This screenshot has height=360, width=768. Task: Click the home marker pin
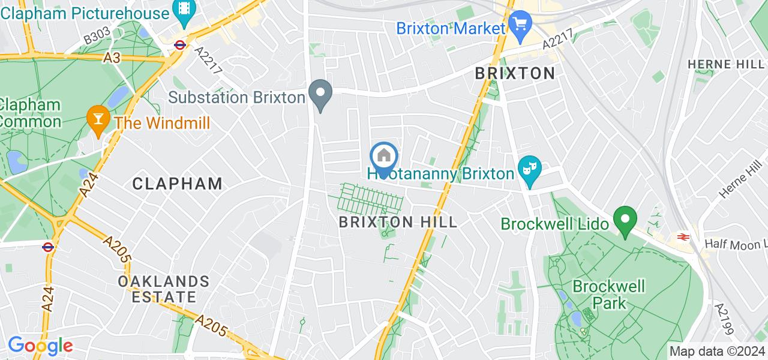[x=384, y=157]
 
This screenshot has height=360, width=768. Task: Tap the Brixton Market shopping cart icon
[x=517, y=25]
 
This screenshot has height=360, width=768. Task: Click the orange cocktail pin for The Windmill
[x=96, y=118]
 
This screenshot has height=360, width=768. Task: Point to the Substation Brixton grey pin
[x=320, y=94]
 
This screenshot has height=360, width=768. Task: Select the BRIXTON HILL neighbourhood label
[x=398, y=222]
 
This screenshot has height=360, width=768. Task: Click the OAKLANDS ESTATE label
[x=163, y=289]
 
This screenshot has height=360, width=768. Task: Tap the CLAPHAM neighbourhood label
[x=177, y=184]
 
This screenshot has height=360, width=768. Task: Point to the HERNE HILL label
[x=726, y=64]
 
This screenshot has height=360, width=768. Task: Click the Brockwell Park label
[x=609, y=294]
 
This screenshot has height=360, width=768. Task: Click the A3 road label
[x=112, y=58]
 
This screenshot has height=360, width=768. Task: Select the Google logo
[x=40, y=346]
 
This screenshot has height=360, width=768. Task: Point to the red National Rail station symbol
[x=682, y=236]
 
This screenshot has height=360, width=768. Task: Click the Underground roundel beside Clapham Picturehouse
[x=179, y=44]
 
